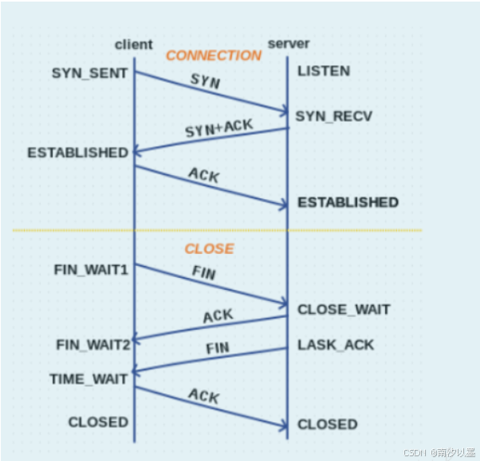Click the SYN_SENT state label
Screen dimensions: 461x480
click(89, 73)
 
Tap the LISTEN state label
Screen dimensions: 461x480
click(323, 72)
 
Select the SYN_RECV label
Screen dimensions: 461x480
click(333, 116)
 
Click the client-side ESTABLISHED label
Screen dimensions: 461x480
click(77, 152)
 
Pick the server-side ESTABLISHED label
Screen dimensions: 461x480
click(348, 202)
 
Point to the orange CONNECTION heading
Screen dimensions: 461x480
click(213, 56)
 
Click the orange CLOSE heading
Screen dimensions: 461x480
click(209, 249)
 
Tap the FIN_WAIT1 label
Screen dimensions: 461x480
click(91, 269)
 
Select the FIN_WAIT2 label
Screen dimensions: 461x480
click(92, 345)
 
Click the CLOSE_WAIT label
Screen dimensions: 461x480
click(344, 309)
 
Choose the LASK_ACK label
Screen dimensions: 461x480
click(336, 345)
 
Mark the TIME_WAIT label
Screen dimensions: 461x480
click(89, 379)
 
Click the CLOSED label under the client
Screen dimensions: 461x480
click(97, 422)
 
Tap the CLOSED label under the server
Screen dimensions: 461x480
click(327, 424)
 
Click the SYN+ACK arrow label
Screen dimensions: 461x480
click(218, 128)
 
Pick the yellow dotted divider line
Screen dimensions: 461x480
click(215, 230)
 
